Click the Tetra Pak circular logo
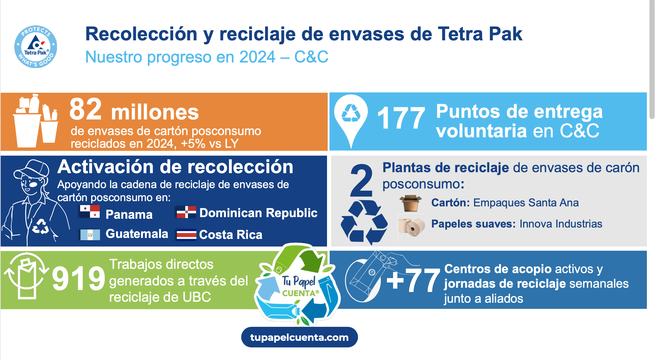point(36,47)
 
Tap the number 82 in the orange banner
point(86,109)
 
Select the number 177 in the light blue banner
point(401,118)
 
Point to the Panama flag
point(90,212)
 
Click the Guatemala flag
point(90,235)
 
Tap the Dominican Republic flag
point(186,212)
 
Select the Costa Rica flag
point(186,235)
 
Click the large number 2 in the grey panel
point(361,180)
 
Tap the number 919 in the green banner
point(78,278)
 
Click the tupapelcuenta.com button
point(299,337)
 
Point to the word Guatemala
point(137,234)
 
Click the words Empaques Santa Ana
point(526,202)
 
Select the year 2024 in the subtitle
point(257,57)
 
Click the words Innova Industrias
point(561,224)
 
